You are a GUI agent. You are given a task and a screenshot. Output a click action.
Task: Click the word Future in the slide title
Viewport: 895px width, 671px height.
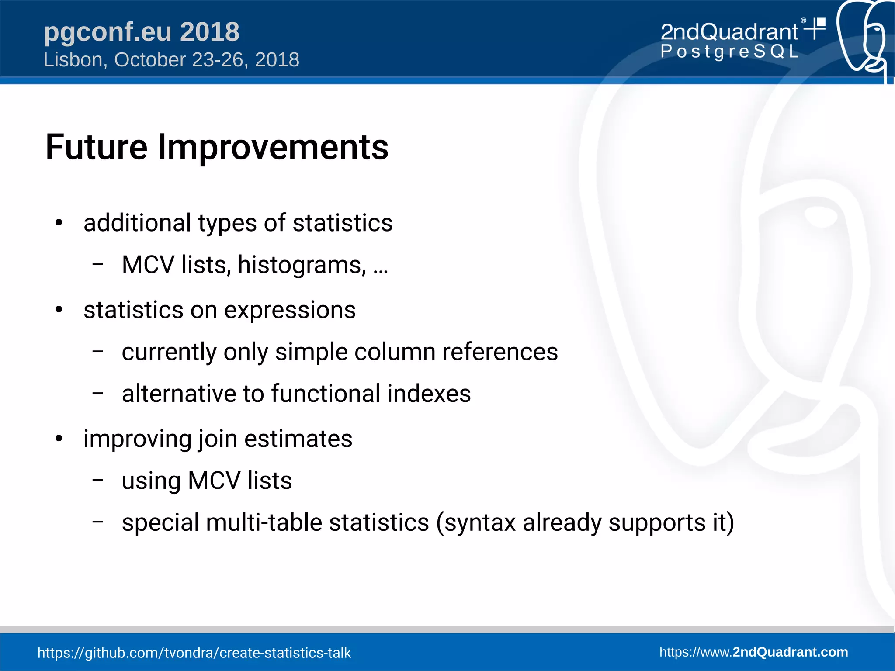96,147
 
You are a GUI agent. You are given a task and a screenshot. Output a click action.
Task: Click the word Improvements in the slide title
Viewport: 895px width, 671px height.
273,147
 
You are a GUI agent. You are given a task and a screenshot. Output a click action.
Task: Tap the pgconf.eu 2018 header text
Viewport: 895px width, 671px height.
141,32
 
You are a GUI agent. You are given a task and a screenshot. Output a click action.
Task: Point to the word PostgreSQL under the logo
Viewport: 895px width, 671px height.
729,52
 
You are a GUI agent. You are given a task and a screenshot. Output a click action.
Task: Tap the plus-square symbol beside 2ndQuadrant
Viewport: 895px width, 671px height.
815,28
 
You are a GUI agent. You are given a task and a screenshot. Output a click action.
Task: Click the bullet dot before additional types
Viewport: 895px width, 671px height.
59,223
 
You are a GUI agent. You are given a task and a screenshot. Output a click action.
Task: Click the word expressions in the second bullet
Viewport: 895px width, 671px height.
290,310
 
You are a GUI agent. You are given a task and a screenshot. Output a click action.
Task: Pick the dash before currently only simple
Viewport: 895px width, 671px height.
98,351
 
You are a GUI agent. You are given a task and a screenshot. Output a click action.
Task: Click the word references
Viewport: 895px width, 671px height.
500,352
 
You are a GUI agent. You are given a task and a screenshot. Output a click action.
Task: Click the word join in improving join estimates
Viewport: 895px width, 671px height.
218,439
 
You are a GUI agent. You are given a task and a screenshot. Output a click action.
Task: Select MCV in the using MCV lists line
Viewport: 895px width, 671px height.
214,481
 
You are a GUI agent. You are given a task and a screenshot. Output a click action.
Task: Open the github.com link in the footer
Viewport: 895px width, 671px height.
194,653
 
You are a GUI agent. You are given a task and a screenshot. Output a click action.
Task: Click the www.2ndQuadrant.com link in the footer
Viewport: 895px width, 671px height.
753,652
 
